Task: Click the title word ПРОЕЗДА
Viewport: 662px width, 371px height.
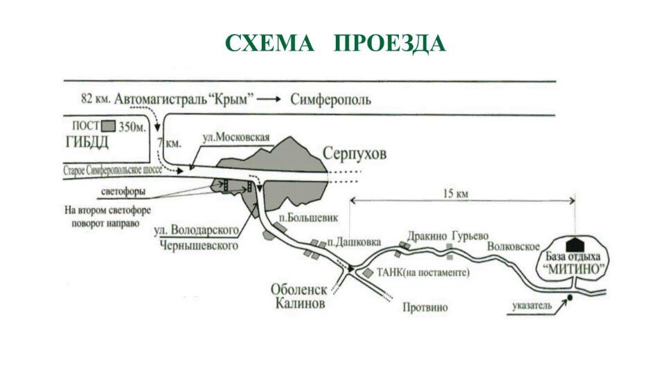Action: coord(390,44)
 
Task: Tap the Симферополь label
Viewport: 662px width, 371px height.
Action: coord(331,99)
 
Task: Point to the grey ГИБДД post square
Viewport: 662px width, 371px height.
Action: coord(108,127)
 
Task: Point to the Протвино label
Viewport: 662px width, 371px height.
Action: coord(425,307)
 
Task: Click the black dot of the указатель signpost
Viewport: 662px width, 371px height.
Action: coord(569,298)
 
